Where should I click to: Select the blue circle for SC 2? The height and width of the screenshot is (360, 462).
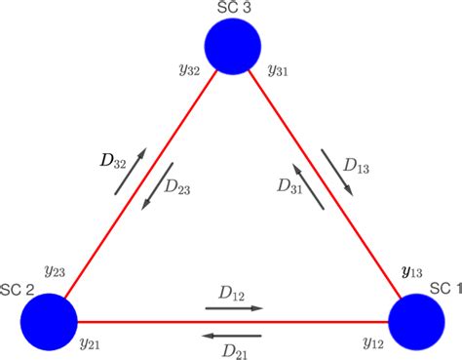pos(49,320)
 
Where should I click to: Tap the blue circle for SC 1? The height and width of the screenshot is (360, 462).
pos(416,320)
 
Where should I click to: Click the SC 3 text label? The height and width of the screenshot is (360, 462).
pos(232,9)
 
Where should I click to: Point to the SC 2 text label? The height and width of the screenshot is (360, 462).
pos(17,291)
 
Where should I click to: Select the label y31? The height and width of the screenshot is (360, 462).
pos(277,70)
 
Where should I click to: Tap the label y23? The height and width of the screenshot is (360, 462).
pos(55,270)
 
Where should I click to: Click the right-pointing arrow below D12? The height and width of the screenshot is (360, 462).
pos(234,308)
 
